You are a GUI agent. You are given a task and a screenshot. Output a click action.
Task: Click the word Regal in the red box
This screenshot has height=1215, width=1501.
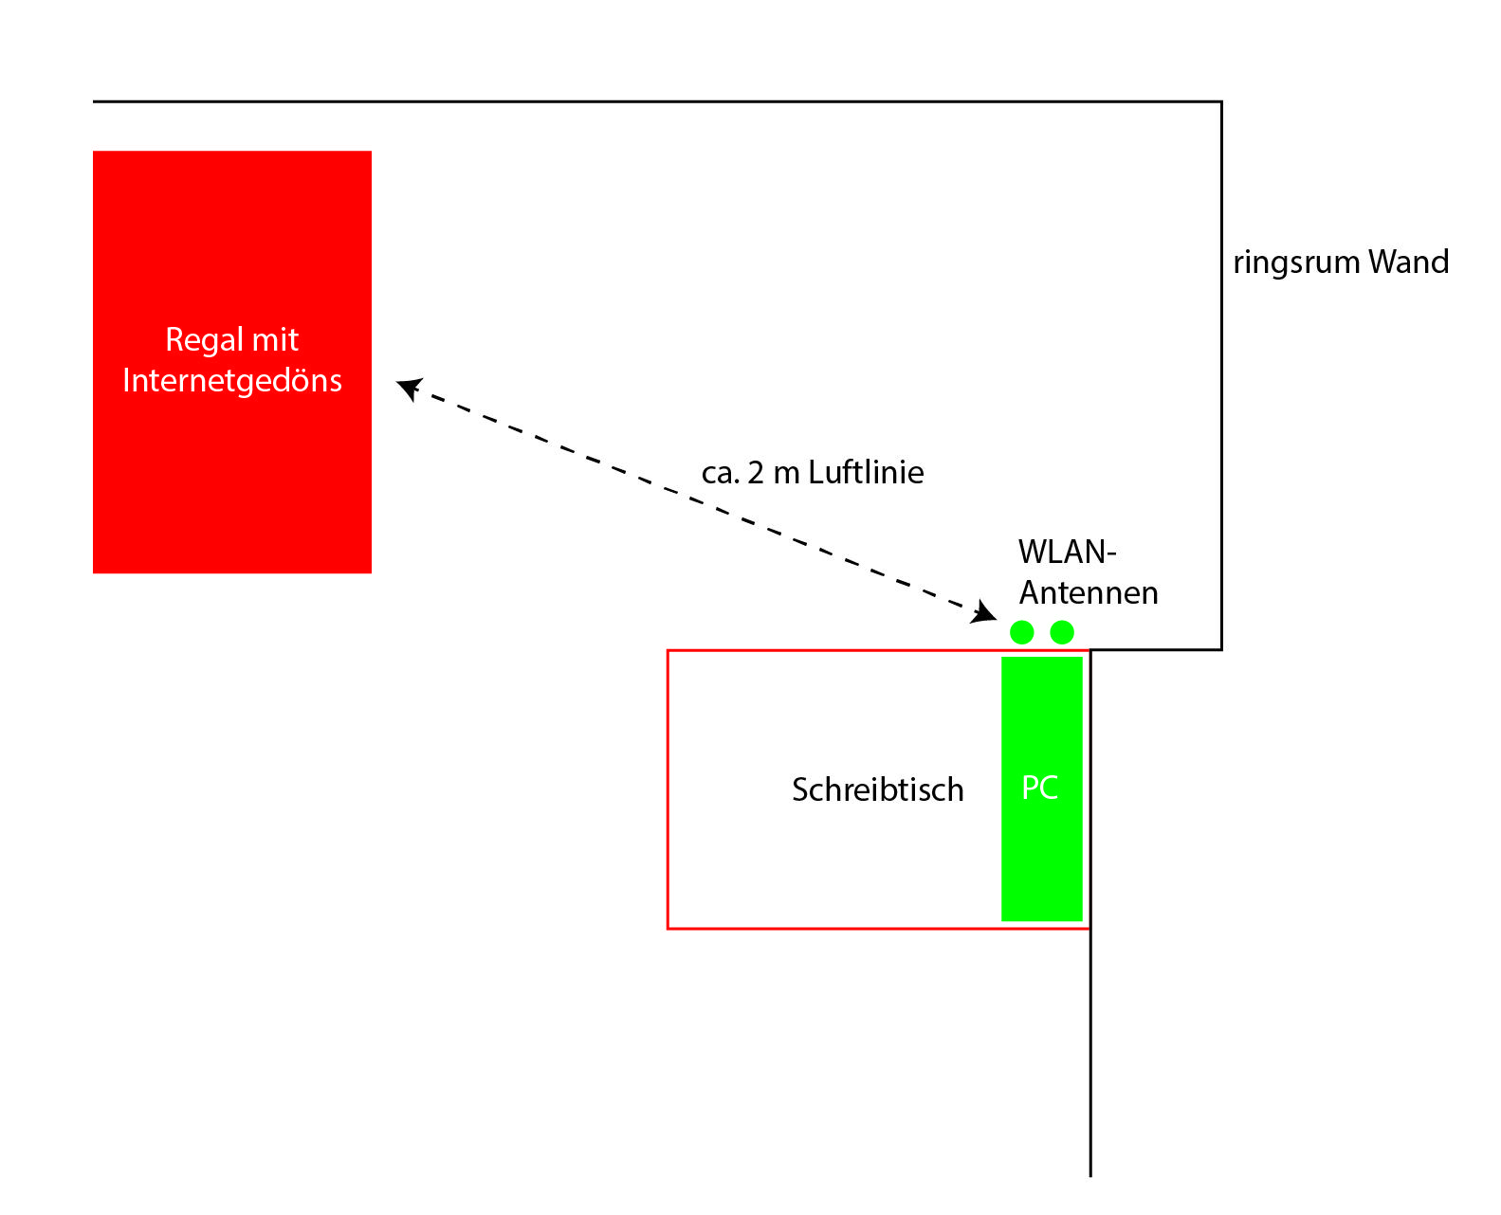(203, 340)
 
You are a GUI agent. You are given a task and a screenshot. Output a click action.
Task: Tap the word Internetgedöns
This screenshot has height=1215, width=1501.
(232, 381)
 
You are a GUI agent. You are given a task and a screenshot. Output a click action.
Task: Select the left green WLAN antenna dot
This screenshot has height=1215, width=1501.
(1021, 632)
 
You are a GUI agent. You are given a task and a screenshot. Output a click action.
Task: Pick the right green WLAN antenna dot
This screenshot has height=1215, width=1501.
(1061, 632)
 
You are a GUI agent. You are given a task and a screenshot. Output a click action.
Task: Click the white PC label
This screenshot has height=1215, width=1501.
(1039, 788)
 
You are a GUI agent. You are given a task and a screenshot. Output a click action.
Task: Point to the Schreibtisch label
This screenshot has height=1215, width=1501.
(877, 789)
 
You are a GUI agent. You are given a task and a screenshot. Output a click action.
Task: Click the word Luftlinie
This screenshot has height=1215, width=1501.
(866, 472)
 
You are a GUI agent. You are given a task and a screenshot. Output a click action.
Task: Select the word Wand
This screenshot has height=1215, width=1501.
(1408, 262)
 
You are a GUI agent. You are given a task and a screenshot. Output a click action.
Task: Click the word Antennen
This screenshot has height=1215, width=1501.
(1088, 592)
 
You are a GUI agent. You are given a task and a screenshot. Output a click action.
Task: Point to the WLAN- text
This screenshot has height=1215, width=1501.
(1067, 552)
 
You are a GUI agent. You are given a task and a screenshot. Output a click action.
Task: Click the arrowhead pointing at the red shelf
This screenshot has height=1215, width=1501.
(409, 388)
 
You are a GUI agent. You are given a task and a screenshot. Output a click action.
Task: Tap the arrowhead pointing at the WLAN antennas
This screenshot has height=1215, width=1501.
(983, 611)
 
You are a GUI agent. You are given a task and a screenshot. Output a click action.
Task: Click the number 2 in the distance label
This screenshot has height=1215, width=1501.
(756, 473)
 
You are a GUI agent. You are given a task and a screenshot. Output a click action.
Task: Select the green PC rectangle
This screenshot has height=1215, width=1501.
(1041, 789)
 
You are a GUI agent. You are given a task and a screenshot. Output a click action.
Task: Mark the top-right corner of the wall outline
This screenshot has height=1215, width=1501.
(1220, 102)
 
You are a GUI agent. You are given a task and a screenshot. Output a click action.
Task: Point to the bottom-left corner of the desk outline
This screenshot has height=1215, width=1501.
(668, 929)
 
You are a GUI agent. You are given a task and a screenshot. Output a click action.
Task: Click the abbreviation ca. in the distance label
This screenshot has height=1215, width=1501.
(721, 474)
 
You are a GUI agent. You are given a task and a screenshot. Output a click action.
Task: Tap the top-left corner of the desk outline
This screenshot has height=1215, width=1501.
(668, 651)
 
